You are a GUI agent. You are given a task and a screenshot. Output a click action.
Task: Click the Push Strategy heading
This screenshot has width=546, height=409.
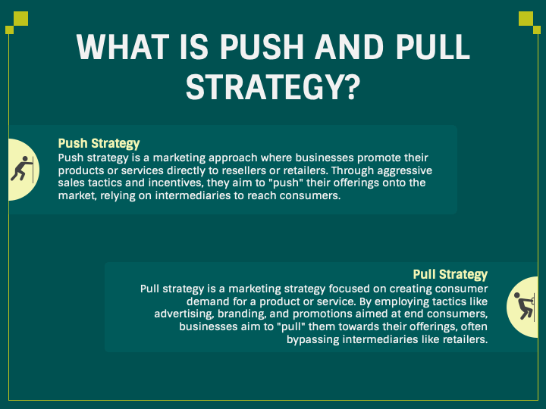click(x=99, y=143)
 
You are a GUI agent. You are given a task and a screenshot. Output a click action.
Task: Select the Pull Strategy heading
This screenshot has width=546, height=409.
click(x=450, y=274)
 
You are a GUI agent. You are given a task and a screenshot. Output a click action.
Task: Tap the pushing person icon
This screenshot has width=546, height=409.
click(x=18, y=170)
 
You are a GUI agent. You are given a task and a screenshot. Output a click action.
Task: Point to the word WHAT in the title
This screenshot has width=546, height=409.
click(x=121, y=48)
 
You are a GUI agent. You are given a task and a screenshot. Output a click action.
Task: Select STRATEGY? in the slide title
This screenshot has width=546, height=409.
click(x=273, y=86)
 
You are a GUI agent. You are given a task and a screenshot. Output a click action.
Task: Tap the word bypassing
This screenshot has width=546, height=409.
click(x=315, y=339)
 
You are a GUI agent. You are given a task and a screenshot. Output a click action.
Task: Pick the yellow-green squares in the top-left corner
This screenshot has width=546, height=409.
click(x=17, y=23)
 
